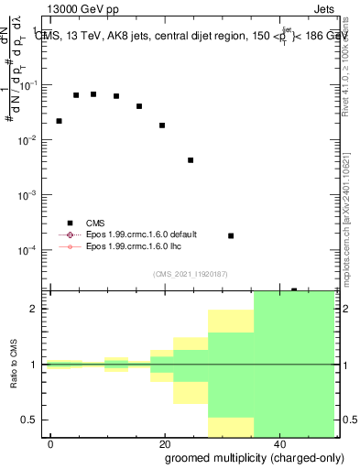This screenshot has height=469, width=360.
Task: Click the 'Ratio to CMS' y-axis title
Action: [15, 365]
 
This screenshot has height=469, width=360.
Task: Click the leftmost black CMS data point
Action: [59, 121]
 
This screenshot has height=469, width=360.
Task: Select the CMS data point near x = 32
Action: [231, 235]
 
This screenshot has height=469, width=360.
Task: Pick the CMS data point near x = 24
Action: [191, 160]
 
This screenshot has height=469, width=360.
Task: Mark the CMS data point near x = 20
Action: [162, 125]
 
